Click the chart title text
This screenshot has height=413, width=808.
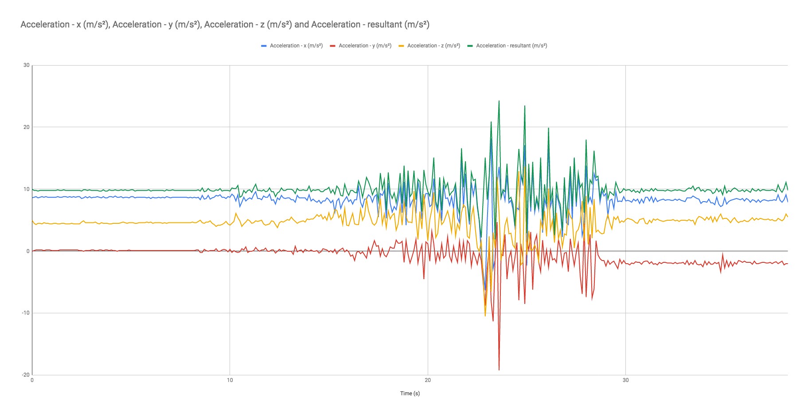225,25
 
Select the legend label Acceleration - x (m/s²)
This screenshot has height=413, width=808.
296,46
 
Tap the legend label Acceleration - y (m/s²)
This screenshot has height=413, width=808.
365,46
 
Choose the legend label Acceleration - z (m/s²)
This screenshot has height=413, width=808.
433,46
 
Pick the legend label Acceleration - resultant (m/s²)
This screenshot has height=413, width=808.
511,46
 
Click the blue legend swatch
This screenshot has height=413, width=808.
264,46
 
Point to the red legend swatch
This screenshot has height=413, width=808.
333,46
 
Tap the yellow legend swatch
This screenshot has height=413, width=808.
402,46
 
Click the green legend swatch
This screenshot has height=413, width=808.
470,46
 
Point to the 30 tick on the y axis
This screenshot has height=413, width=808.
27,65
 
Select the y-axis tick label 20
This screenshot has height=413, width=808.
27,127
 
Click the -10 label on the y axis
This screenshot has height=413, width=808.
26,313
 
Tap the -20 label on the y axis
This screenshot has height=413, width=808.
26,375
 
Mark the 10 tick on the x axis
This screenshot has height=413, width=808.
230,380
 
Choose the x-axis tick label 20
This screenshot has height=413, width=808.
428,380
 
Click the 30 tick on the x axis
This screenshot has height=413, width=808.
625,380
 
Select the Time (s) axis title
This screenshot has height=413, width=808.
410,394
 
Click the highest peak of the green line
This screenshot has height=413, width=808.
499,101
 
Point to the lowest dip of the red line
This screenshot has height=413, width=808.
499,370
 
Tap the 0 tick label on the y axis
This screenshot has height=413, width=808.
28,251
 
